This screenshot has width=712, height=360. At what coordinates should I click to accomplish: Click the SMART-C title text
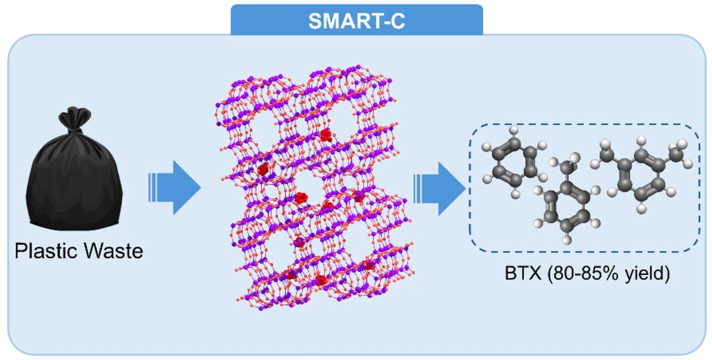[356, 19]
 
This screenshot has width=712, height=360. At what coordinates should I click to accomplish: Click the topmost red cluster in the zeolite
[325, 134]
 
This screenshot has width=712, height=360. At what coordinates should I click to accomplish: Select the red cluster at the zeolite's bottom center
[321, 279]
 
